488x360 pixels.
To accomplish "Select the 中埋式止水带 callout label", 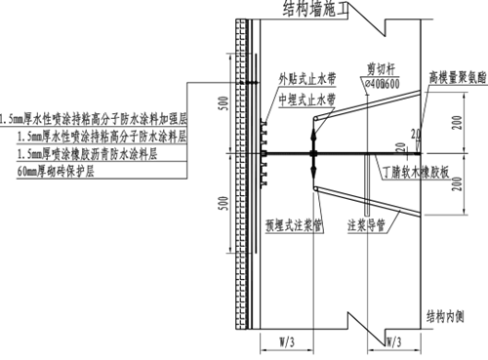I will (x=304, y=100).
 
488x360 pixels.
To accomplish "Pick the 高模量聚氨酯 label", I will (x=456, y=75).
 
